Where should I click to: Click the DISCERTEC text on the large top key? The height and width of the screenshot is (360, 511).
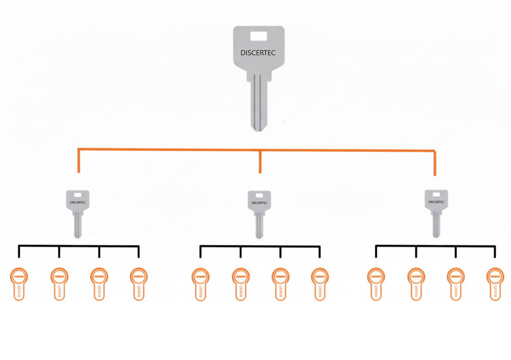[258, 53]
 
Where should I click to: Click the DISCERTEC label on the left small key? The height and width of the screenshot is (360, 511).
[78, 202]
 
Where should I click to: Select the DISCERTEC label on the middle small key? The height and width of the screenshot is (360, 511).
[259, 203]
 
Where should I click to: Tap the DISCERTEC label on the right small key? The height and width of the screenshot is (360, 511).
[436, 202]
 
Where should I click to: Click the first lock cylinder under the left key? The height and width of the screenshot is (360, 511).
[19, 283]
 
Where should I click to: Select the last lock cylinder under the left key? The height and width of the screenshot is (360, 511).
[139, 283]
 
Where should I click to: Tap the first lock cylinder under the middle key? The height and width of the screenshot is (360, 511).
[200, 283]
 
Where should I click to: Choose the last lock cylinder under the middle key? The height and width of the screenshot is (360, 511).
[320, 283]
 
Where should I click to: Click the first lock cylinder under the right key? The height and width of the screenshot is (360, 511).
[376, 283]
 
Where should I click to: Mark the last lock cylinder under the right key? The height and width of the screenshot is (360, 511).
[495, 283]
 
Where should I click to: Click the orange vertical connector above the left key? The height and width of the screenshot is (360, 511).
[79, 161]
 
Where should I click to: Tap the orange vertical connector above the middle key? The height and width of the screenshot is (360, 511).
[260, 162]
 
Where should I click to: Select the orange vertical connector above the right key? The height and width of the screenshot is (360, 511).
[434, 163]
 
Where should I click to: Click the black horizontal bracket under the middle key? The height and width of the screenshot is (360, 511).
[260, 246]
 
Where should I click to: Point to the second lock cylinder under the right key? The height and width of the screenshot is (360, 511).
[416, 283]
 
